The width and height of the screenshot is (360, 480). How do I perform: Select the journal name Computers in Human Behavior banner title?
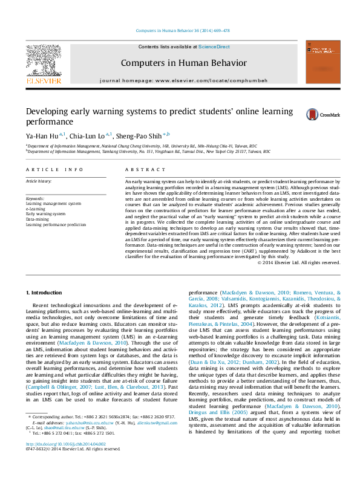tap(184, 62)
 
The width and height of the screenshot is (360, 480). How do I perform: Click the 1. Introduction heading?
tap(45, 293)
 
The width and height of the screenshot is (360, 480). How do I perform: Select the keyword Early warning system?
tap(45, 214)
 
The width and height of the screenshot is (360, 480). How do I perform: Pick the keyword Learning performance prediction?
tap(56, 224)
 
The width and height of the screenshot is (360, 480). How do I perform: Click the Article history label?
tap(38, 181)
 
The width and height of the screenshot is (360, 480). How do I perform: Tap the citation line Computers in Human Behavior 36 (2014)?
tap(182, 30)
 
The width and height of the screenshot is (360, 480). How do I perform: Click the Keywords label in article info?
tap(34, 199)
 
